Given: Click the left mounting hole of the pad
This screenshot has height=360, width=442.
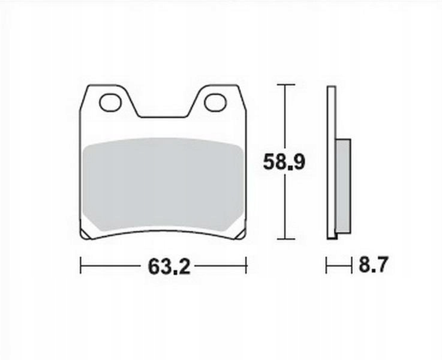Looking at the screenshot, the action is [110, 103].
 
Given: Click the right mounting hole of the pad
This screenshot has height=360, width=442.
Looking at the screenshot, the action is [215, 103].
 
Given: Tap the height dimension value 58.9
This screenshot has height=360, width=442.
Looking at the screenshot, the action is [284, 162].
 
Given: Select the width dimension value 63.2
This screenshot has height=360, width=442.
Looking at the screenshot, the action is [169, 266].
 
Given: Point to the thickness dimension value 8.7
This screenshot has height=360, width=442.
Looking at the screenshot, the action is [374, 264].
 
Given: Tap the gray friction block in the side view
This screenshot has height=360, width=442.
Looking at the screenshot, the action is [344, 186].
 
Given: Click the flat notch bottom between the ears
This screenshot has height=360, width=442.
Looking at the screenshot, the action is [164, 117].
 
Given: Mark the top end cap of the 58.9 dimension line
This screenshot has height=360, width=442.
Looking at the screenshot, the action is [286, 85].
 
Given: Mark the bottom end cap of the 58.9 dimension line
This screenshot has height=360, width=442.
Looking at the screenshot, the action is [286, 239].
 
